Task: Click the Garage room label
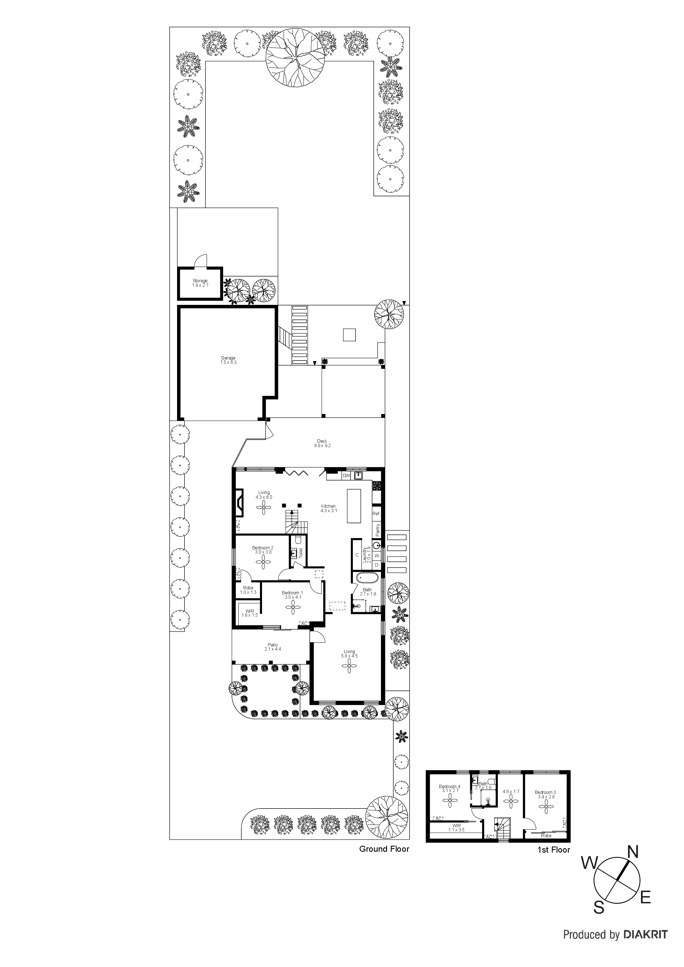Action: click(x=228, y=360)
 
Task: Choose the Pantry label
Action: click(x=378, y=529)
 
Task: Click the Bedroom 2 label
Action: click(x=263, y=550)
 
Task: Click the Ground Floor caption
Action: click(x=384, y=849)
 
